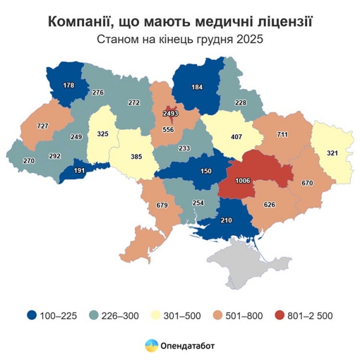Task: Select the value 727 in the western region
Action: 43,126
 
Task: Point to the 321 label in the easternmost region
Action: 331,153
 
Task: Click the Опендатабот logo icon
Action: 152,345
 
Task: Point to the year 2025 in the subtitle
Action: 251,40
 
